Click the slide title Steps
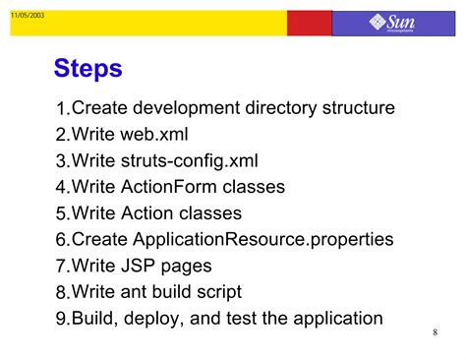pos(87,68)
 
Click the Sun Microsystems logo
pos(392,23)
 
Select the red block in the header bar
pos(309,23)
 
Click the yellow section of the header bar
pos(147,23)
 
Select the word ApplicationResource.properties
pos(262,239)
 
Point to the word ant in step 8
pos(136,292)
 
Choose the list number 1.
pos(62,109)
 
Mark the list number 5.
pos(62,214)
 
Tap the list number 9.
pos(62,320)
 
